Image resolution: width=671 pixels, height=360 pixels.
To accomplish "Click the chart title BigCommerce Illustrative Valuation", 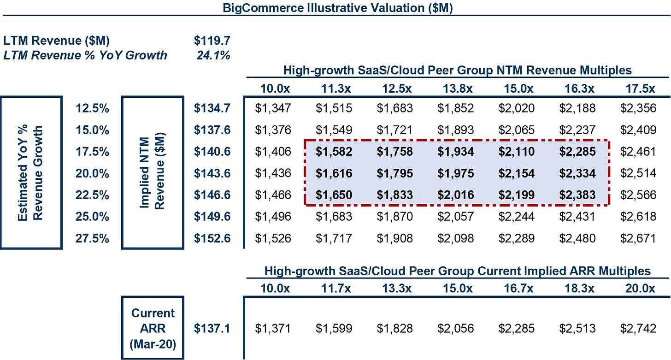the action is [338, 8].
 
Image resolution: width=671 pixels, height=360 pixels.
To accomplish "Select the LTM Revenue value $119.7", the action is [212, 41].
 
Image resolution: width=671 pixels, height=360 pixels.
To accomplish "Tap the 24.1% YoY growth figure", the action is [213, 55].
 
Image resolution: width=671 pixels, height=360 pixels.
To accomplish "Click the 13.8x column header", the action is [458, 89].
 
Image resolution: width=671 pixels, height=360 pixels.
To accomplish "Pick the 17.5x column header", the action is [640, 89].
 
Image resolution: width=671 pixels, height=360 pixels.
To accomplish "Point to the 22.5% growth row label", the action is [92, 195].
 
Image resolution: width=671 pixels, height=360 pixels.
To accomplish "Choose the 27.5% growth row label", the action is [92, 238].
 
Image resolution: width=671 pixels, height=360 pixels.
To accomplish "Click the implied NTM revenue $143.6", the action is [212, 173].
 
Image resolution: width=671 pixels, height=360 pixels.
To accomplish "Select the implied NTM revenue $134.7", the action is [212, 108].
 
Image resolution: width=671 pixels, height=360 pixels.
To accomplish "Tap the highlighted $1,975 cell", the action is [456, 173].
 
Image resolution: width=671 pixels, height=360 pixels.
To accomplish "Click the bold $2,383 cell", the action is [577, 195].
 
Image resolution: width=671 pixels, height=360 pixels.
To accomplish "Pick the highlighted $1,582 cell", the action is [334, 152].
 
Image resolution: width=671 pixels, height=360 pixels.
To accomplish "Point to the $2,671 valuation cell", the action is [638, 238].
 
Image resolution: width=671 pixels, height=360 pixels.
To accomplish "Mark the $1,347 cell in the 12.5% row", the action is [273, 108].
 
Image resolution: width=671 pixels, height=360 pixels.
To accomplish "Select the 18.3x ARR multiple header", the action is [579, 289].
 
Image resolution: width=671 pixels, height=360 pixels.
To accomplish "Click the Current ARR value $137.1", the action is [212, 329].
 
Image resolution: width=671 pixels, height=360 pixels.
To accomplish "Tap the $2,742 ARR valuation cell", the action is [638, 329].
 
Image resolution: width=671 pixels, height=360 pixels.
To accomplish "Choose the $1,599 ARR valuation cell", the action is [334, 329].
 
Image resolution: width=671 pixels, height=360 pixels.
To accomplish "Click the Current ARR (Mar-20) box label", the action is [153, 329].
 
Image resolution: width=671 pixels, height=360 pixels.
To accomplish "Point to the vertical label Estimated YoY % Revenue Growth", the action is [30, 173].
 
